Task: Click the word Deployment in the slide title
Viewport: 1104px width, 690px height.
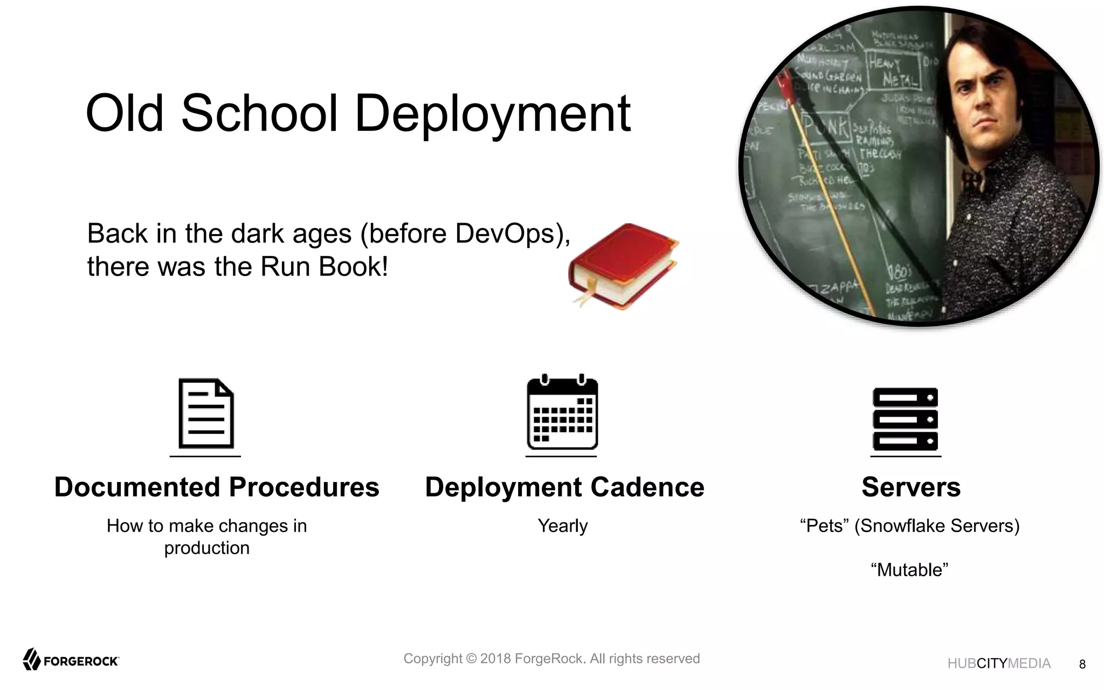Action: coord(492,114)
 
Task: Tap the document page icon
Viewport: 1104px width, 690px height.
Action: coord(206,414)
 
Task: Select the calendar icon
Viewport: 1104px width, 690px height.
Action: coord(562,413)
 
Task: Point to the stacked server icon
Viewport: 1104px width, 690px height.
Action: coord(905,419)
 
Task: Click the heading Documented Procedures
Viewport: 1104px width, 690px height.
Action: coord(217,487)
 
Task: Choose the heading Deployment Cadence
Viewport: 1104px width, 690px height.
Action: coord(564,487)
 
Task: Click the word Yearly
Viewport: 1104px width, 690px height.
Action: coord(562,526)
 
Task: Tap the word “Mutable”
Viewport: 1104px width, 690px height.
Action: coord(909,570)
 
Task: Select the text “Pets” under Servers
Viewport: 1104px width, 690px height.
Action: coord(824,526)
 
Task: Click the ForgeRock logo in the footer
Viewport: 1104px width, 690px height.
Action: coord(71,660)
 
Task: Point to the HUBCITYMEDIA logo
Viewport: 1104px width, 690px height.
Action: coord(998,664)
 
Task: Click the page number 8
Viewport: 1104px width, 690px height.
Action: coord(1082,665)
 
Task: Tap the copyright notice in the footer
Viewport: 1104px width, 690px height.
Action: coord(551,659)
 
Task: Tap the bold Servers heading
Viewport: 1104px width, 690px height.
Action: coord(910,487)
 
